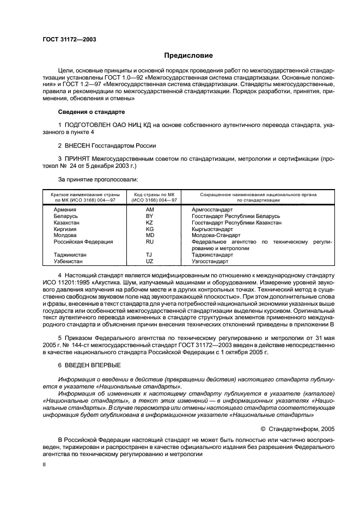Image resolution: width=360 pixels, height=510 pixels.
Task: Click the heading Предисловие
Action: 189,56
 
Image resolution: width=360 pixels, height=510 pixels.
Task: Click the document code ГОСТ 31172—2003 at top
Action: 66,39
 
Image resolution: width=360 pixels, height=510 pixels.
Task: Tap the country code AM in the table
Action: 150,209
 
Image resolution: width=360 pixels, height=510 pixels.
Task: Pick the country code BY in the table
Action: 150,216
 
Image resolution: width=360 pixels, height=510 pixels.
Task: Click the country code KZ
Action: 150,222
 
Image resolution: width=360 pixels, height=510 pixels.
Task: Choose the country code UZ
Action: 150,261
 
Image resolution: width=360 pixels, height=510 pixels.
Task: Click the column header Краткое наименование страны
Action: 85,194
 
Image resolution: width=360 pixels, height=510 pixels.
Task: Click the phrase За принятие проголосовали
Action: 97,178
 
